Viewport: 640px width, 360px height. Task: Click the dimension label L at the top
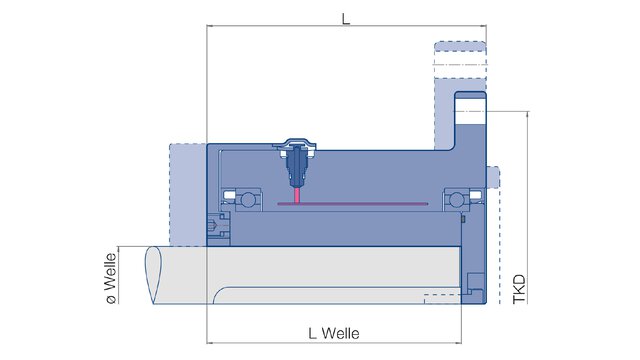346,18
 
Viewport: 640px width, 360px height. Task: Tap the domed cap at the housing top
298,142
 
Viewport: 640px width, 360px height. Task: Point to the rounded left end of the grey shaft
152,275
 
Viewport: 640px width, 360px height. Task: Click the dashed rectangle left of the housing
188,195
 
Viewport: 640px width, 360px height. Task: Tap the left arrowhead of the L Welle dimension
210,341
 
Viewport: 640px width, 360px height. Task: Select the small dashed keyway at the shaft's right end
440,296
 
